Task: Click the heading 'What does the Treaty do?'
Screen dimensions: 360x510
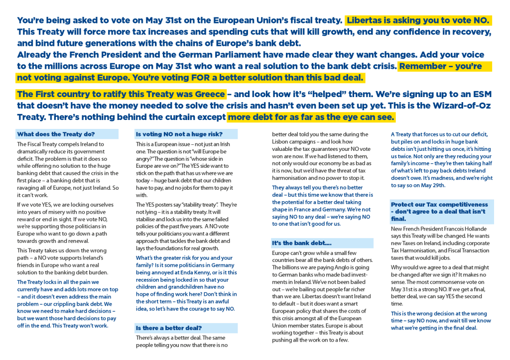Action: (56, 134)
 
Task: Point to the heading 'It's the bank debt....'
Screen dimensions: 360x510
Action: (302, 243)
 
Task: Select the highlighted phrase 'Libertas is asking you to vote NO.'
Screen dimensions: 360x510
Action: (418, 20)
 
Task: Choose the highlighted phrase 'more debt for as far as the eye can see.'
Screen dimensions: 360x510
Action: (311, 117)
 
